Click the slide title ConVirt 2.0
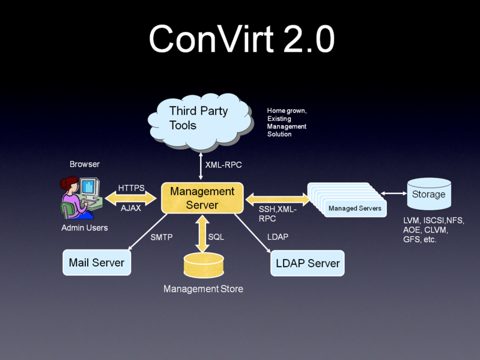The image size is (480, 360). tap(241, 40)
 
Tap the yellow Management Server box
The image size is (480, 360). tap(202, 198)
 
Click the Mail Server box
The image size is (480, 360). tap(97, 263)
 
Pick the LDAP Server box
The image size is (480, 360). tap(308, 263)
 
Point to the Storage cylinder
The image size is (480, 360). tap(429, 194)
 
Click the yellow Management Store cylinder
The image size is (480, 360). tap(204, 264)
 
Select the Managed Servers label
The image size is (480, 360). tap(354, 209)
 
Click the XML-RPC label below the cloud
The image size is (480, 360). tap(223, 164)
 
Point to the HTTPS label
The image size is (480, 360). tap(131, 188)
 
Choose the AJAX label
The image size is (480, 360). tap(131, 208)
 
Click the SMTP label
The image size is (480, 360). tap(161, 237)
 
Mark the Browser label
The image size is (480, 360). tap(85, 164)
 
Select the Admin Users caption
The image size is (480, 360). tap(85, 228)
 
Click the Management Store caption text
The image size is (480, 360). tap(204, 289)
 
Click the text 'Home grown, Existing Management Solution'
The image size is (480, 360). tap(287, 123)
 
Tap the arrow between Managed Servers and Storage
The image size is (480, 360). tap(393, 193)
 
